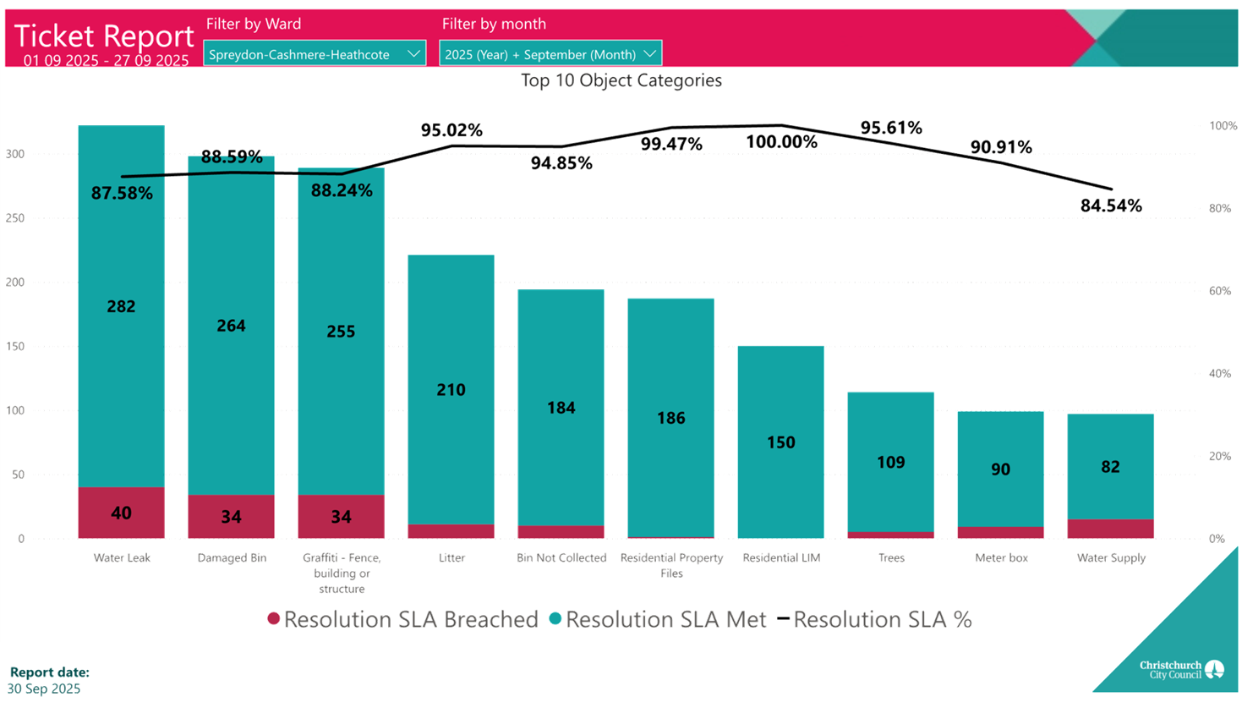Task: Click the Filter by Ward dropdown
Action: coord(314,54)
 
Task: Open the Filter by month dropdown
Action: coord(550,54)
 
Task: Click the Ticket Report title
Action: coord(104,36)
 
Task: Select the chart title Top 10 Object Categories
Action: coord(621,81)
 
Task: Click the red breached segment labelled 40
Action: coord(121,513)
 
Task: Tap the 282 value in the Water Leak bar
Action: coord(121,306)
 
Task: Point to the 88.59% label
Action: coord(232,156)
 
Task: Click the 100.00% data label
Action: coord(781,142)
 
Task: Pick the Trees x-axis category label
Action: coord(891,558)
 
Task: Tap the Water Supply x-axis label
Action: coord(1111,558)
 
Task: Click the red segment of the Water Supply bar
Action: coord(1110,529)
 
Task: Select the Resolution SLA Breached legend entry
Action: coord(402,620)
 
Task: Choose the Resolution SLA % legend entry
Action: coord(874,620)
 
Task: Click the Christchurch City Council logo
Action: coord(1180,670)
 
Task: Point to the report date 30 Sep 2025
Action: coord(44,689)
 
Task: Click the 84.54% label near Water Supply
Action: coord(1111,206)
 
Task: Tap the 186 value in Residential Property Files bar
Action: coord(670,418)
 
